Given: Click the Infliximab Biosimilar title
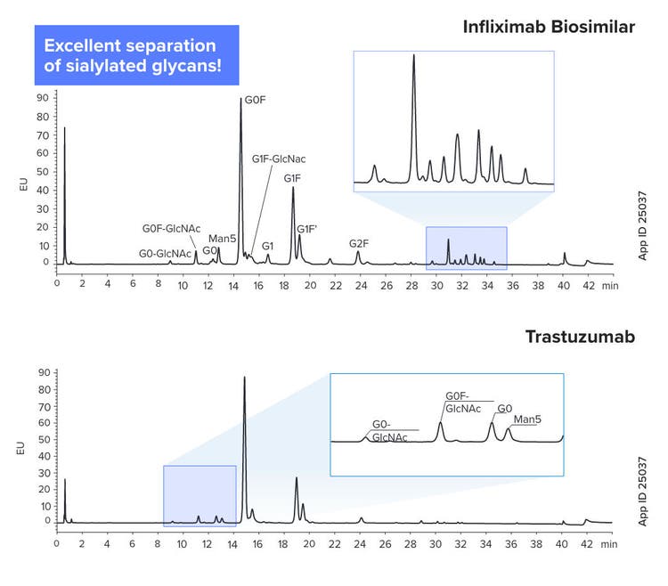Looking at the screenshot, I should coord(548,27).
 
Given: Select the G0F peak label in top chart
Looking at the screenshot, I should coord(256,101).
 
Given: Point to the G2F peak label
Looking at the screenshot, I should coord(358,243).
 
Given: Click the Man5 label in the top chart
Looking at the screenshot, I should coord(222,238).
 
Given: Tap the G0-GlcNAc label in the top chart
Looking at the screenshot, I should coord(165,254).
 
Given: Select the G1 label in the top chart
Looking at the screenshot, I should coord(268,244).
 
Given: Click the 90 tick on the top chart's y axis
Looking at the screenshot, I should coord(41,95).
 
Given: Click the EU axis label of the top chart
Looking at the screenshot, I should coord(22,184).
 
